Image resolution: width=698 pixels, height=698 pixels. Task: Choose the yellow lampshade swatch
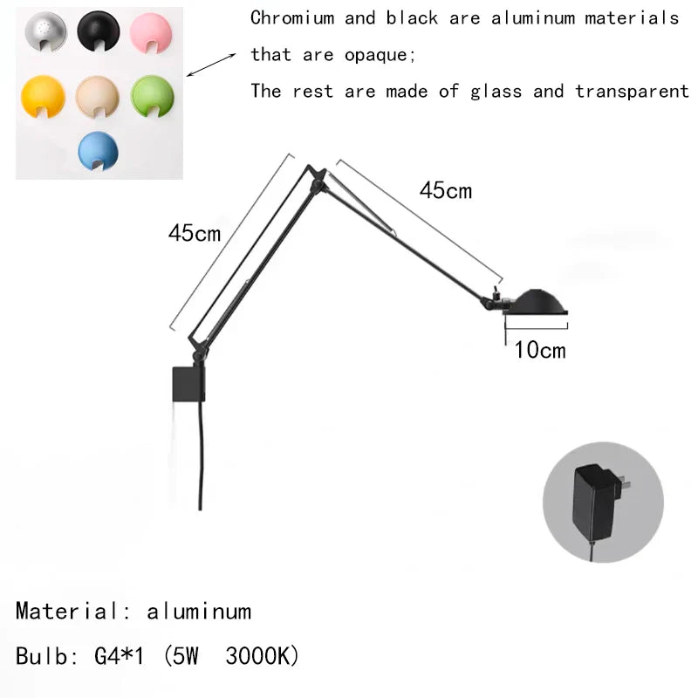(41, 96)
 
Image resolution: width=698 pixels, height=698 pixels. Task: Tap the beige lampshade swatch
(96, 96)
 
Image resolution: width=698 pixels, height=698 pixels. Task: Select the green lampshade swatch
(152, 96)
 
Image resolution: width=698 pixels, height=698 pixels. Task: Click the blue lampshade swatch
(96, 150)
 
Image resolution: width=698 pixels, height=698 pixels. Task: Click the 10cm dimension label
(539, 351)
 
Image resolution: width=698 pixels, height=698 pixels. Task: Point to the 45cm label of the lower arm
(195, 234)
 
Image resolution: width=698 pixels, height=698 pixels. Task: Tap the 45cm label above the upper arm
(445, 190)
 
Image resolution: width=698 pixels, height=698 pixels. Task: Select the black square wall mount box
(188, 383)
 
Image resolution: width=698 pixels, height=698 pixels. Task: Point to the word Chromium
(291, 17)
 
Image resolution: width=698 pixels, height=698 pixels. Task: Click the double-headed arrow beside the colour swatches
(213, 65)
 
